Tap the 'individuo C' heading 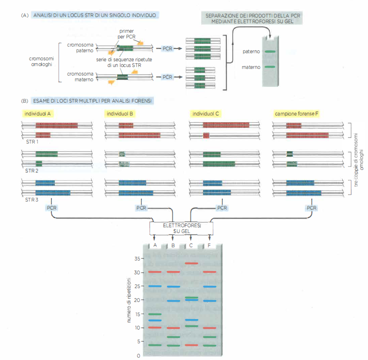[x=206, y=114]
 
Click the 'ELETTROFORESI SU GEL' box [x=181, y=228]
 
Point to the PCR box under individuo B [x=142, y=208]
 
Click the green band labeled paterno [x=270, y=51]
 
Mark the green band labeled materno [x=270, y=67]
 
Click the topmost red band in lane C [x=191, y=263]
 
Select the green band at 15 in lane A [x=155, y=314]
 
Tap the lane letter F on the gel [x=209, y=245]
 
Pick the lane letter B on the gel [x=173, y=245]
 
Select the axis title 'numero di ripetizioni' [x=129, y=302]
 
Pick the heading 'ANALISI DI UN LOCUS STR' [x=95, y=15]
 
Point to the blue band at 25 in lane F [x=209, y=286]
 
